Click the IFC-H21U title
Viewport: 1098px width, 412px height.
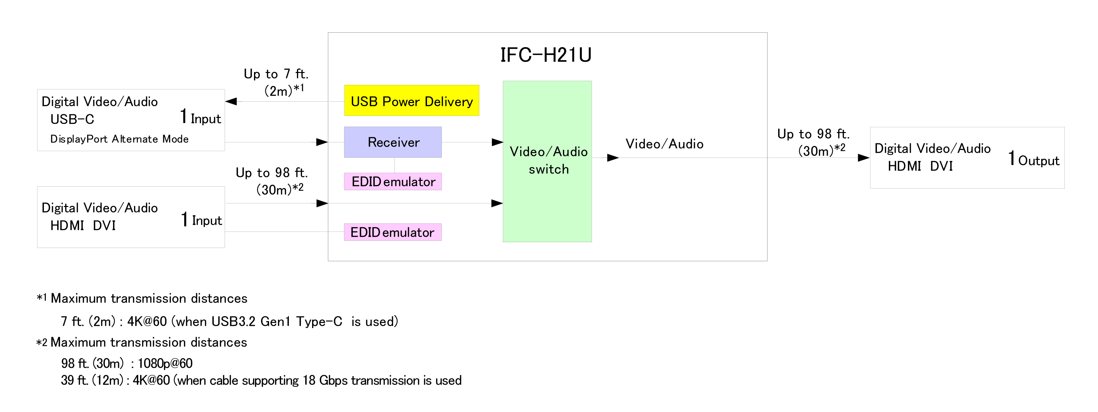coord(545,55)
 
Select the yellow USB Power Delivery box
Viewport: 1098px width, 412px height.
coord(411,101)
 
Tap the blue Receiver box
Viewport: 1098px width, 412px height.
coord(392,142)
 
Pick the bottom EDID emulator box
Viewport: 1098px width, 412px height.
coord(392,232)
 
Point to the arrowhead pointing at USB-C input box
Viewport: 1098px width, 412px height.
coord(231,101)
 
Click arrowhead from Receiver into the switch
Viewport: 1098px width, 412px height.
coord(497,142)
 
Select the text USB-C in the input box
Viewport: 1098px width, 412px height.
coord(72,119)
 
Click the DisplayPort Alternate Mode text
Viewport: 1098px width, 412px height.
coord(119,139)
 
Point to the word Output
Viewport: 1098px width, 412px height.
coord(1038,161)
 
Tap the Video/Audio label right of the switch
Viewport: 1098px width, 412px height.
coord(664,144)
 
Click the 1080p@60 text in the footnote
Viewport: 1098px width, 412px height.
coord(165,363)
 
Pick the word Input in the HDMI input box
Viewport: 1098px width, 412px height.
coord(207,221)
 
